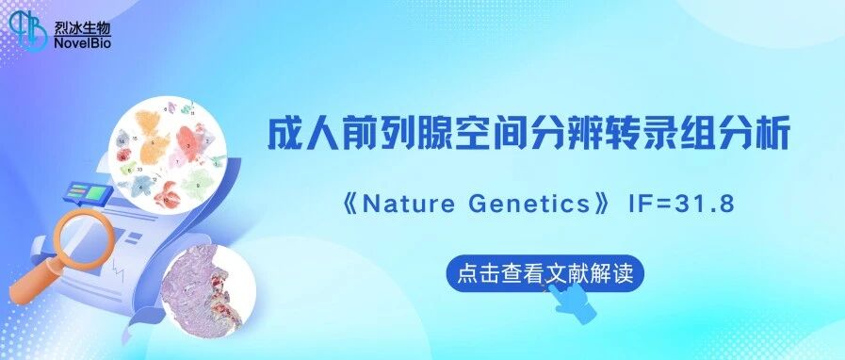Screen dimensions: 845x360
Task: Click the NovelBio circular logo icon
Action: pyautogui.click(x=28, y=31)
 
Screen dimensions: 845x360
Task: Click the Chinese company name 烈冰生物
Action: pyautogui.click(x=82, y=26)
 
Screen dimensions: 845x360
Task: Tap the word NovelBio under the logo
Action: pyautogui.click(x=83, y=43)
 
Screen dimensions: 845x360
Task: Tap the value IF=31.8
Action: pyautogui.click(x=681, y=205)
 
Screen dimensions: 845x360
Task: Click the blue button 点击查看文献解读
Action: pyautogui.click(x=544, y=274)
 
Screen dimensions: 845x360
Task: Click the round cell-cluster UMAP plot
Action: pyautogui.click(x=167, y=154)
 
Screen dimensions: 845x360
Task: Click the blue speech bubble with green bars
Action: pyautogui.click(x=89, y=194)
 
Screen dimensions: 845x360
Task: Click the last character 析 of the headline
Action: pyautogui.click(x=773, y=134)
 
